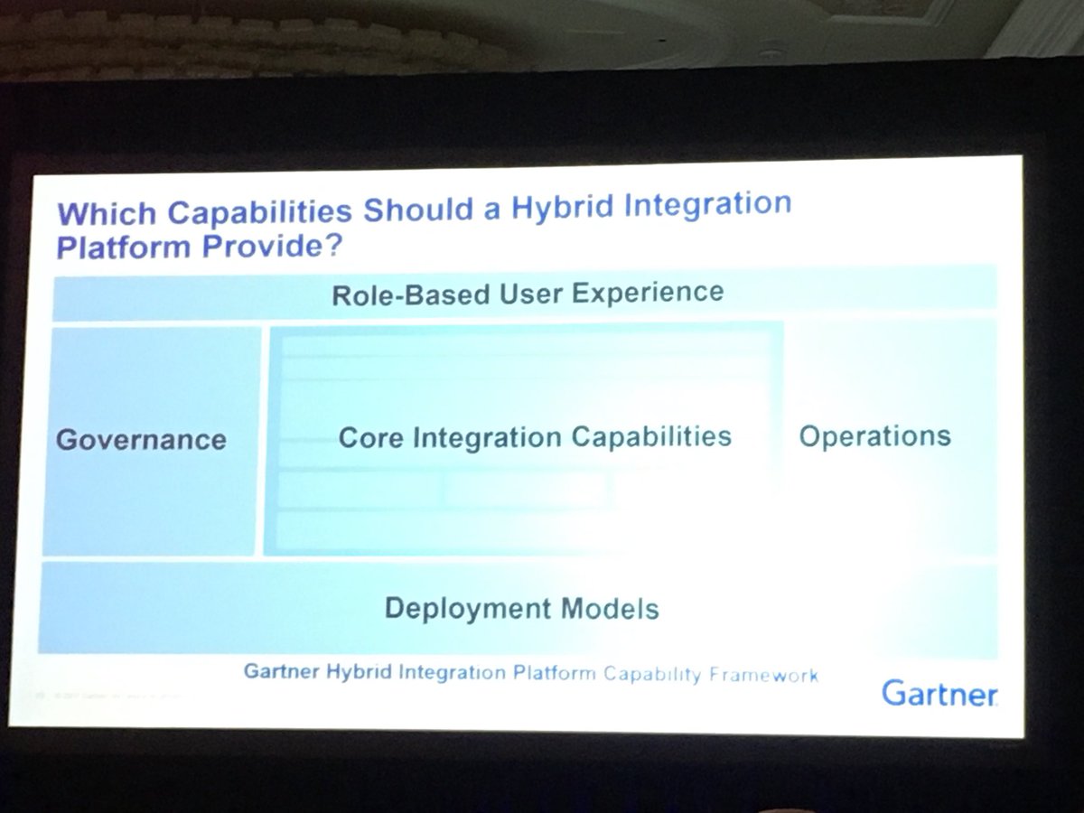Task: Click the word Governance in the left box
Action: [x=141, y=441]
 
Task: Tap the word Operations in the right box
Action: [x=874, y=436]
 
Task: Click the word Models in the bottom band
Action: [x=616, y=609]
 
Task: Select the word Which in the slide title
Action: [x=100, y=217]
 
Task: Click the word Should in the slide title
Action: [x=402, y=212]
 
